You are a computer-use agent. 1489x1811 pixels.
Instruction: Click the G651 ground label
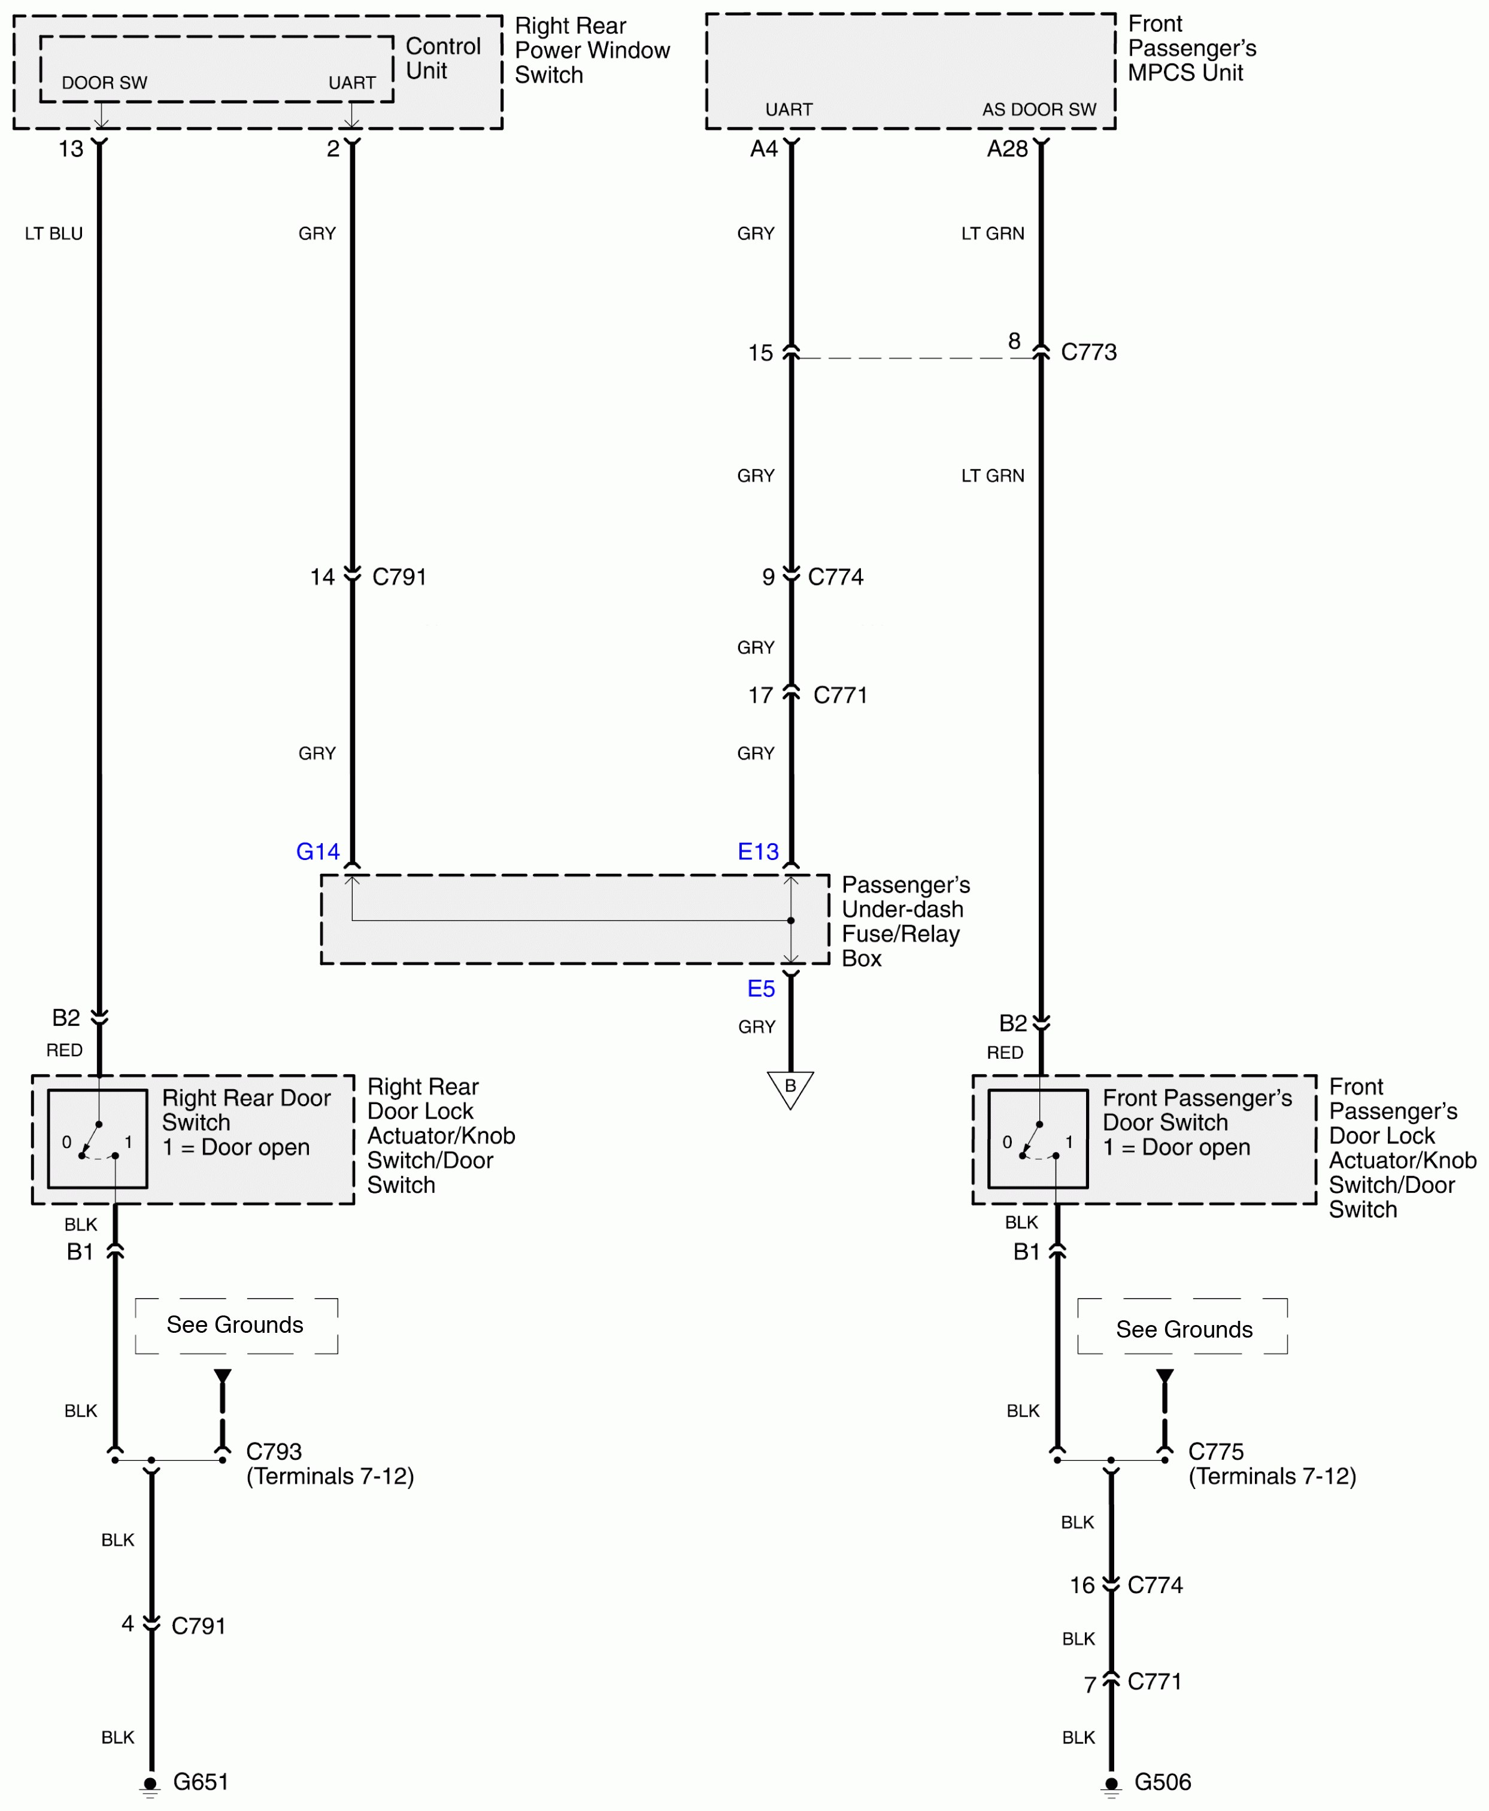(x=201, y=1782)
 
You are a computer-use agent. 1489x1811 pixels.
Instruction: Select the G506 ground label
(x=1162, y=1782)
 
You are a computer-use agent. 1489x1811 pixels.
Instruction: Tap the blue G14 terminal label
(x=317, y=852)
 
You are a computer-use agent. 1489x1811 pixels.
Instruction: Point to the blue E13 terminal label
(x=758, y=852)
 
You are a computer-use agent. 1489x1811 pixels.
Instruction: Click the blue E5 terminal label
(x=761, y=989)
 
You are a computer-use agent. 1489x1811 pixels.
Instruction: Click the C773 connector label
(x=1088, y=353)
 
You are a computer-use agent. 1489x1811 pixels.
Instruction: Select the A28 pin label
(x=1007, y=149)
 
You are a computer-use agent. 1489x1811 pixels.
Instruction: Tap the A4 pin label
(x=763, y=149)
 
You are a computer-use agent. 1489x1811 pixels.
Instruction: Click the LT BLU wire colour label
(x=54, y=233)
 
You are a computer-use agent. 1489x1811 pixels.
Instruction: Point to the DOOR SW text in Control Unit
(x=105, y=83)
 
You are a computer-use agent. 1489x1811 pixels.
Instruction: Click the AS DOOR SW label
(x=1039, y=110)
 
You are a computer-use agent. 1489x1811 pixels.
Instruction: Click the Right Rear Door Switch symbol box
(x=98, y=1139)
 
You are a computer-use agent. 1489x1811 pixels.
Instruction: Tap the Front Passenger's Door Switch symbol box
(x=1038, y=1139)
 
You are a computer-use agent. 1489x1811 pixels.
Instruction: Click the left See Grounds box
(x=236, y=1325)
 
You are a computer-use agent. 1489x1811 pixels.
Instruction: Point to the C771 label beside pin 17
(x=840, y=695)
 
